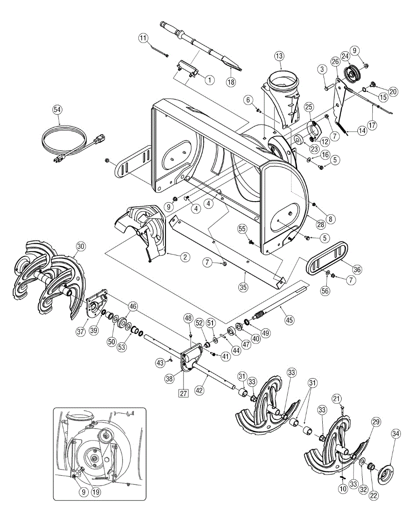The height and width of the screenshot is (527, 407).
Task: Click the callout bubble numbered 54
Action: coord(57,109)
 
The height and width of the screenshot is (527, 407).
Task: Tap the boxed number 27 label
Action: coord(184,393)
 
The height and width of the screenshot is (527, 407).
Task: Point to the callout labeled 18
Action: coord(231,82)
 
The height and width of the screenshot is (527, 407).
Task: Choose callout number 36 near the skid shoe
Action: coord(357,269)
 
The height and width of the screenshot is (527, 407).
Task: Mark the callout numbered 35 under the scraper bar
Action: coord(243,287)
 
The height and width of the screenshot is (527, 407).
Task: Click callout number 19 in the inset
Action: coord(96,492)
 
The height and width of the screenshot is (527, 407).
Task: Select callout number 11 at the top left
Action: coord(143,38)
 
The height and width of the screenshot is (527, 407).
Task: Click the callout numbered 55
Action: coord(242,229)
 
